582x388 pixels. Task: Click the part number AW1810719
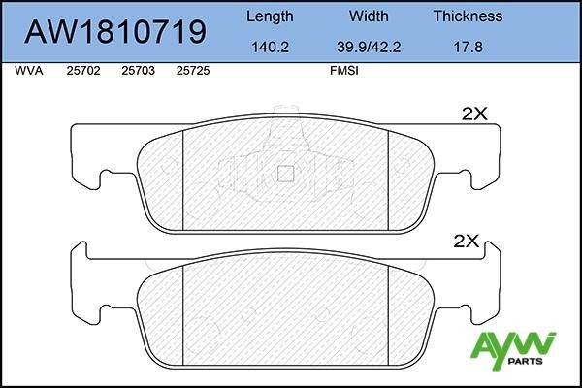(114, 32)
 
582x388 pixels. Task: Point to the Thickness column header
(468, 16)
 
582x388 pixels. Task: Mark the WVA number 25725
(194, 71)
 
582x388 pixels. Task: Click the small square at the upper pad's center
(285, 175)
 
